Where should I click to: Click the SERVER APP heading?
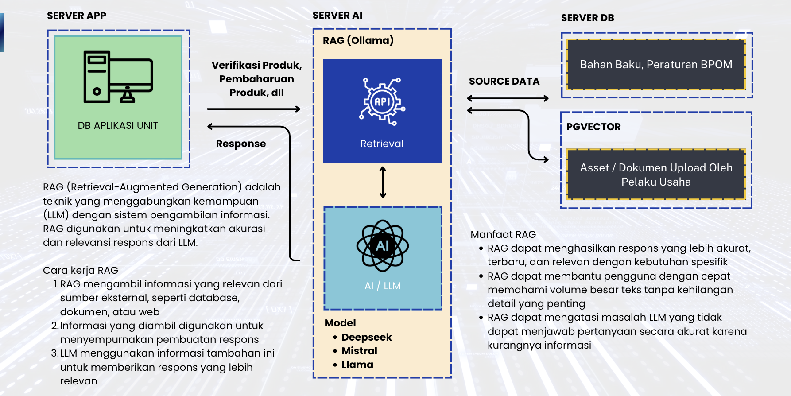click(77, 16)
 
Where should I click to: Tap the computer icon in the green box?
click(118, 77)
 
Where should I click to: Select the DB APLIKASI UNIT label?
click(118, 126)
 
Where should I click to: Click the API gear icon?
click(382, 101)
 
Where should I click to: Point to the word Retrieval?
click(382, 144)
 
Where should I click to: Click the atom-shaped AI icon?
click(383, 245)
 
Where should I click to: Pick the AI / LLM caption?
click(383, 286)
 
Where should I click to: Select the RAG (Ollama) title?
click(358, 40)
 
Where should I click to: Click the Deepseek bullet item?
click(366, 337)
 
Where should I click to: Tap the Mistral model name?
click(359, 351)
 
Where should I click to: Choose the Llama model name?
click(357, 365)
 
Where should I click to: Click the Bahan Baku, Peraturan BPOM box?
click(656, 65)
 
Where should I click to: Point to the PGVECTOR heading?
click(593, 127)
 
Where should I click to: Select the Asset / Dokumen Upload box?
click(656, 175)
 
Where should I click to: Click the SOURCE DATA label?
click(504, 82)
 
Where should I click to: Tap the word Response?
click(241, 144)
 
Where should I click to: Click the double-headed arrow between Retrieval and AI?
click(383, 182)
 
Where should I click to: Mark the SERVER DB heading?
click(587, 18)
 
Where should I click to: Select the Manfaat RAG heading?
click(503, 234)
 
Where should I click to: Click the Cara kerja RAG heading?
click(81, 270)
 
